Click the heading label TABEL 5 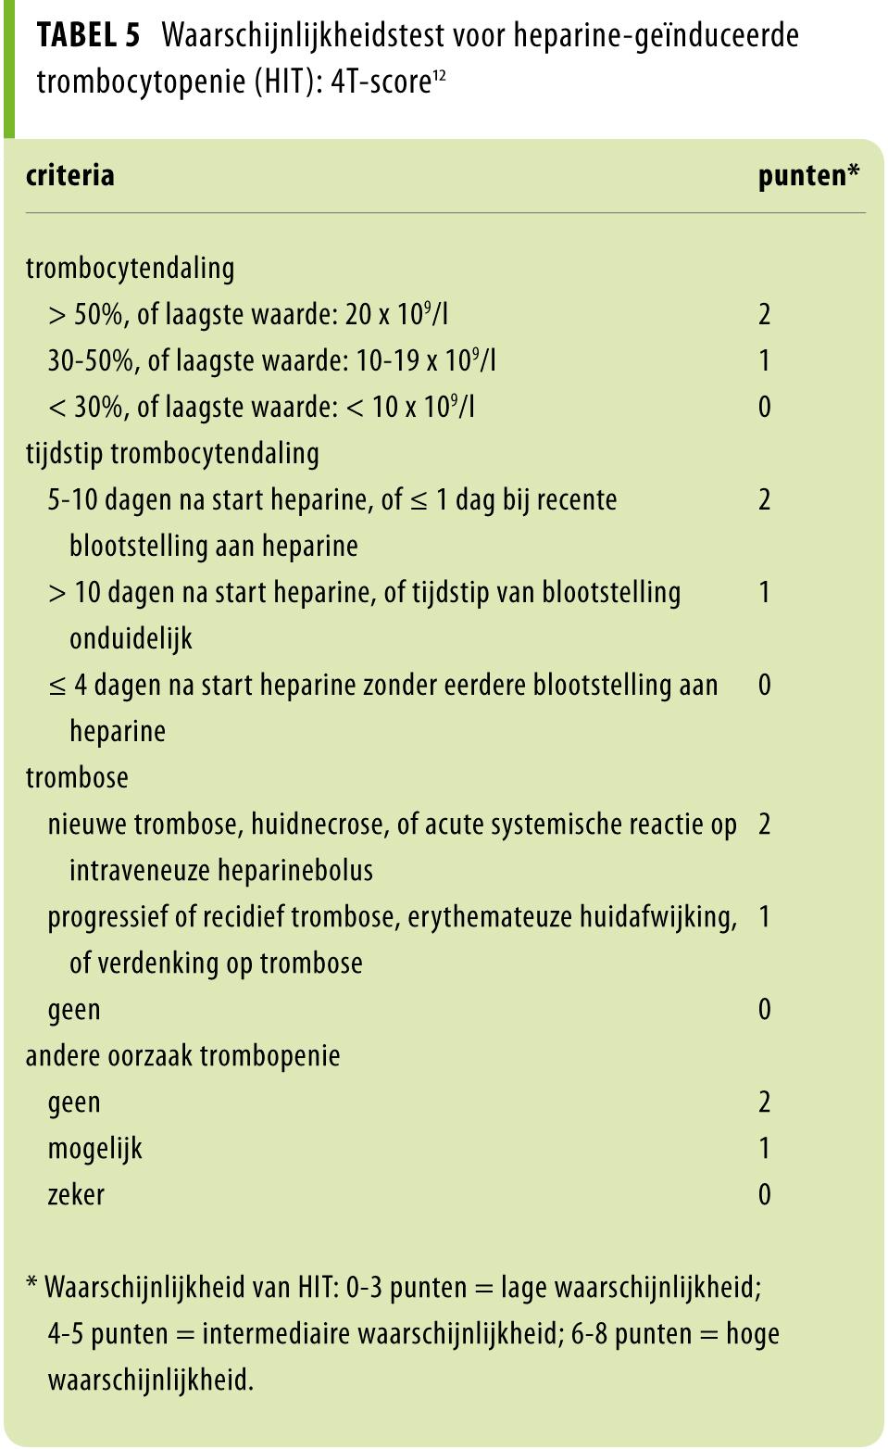tap(89, 36)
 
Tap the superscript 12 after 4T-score tap(439, 76)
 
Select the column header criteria tap(70, 175)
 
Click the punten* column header tap(808, 175)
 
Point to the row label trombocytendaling tap(130, 268)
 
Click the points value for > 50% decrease tap(764, 314)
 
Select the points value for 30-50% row tap(764, 360)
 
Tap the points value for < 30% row tap(764, 407)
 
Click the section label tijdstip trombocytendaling tap(172, 453)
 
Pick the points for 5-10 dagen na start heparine tap(764, 499)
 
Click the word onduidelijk tap(131, 638)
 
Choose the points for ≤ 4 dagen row tap(764, 685)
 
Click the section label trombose tap(77, 777)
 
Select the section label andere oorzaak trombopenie tap(182, 1055)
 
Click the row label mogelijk tap(95, 1148)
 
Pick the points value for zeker tap(764, 1194)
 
